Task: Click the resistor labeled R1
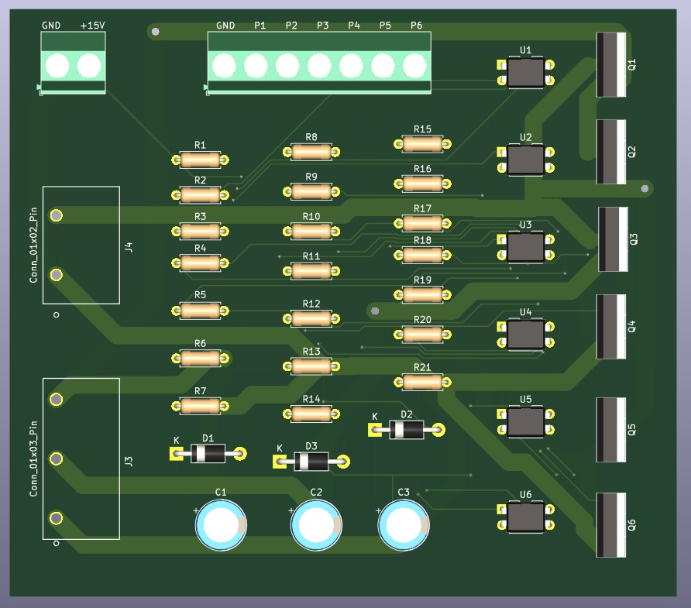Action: point(201,160)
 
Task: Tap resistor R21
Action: point(422,382)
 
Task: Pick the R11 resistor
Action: point(311,270)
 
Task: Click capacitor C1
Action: point(221,524)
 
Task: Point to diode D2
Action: point(407,429)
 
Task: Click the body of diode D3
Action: point(311,462)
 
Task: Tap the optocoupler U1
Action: point(525,73)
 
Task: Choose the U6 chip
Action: point(525,517)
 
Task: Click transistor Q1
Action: point(611,64)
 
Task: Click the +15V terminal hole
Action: point(89,65)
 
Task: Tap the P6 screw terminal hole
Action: point(415,65)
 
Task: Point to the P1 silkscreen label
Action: point(260,26)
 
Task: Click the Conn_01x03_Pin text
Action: point(33,459)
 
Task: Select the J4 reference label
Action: point(129,247)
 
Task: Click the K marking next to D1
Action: point(177,440)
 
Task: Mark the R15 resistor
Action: point(422,143)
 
